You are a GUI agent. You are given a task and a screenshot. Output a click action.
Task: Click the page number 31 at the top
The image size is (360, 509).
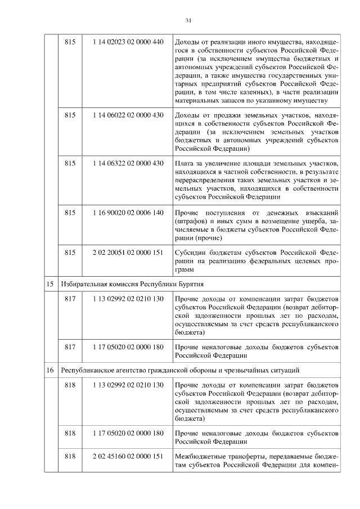[188, 21]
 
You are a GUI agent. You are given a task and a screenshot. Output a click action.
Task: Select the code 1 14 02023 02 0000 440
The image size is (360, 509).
[128, 42]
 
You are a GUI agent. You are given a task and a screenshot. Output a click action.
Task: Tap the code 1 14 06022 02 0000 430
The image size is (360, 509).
[128, 115]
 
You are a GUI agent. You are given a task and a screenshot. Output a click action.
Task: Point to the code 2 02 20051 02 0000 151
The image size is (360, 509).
[128, 253]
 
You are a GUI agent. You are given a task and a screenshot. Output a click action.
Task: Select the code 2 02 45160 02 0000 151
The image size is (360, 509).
[128, 456]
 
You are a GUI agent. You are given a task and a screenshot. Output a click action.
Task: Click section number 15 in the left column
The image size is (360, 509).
[50, 285]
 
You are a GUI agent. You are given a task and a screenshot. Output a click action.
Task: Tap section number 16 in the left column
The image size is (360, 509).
[50, 370]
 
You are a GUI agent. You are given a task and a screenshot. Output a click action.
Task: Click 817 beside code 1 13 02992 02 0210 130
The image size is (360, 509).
[70, 299]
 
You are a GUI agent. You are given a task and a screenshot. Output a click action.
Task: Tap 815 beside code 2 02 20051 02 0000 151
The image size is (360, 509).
[70, 253]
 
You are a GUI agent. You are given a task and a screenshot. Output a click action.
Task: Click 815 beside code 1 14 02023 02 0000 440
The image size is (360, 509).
[70, 42]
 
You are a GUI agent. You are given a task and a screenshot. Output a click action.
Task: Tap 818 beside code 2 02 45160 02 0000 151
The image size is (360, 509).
[70, 456]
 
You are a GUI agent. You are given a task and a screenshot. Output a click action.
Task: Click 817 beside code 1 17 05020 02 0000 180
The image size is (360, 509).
[70, 347]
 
